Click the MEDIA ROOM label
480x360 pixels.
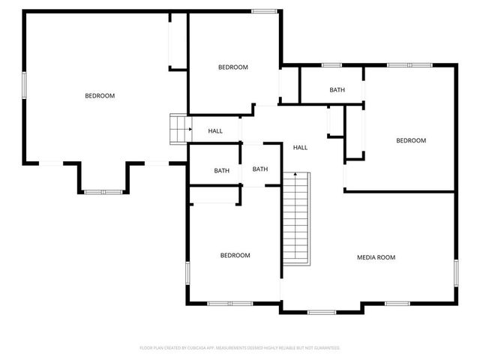376,257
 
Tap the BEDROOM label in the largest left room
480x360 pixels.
100,95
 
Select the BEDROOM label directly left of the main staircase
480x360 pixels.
235,255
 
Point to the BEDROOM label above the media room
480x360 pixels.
411,140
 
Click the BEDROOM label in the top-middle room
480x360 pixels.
232,67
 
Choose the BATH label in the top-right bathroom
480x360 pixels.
337,90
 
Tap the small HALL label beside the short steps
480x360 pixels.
215,131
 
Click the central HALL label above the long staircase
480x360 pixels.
300,147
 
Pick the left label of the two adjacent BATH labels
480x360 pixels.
221,170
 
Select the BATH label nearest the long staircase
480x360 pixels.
260,169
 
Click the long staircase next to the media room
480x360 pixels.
298,217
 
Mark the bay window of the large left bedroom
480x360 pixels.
103,192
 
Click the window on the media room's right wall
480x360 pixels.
455,274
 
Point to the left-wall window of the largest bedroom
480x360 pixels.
24,83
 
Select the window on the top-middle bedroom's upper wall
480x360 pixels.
263,10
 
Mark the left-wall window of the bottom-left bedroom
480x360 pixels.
187,274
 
